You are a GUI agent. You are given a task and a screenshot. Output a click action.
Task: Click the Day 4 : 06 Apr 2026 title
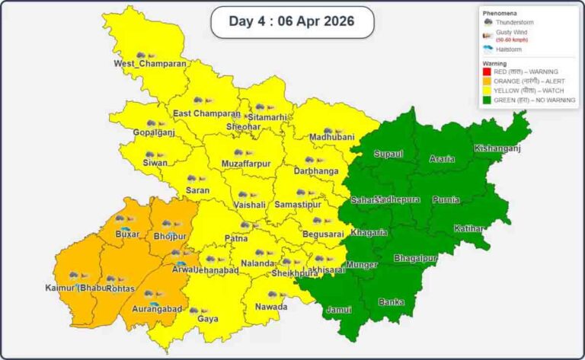(292, 21)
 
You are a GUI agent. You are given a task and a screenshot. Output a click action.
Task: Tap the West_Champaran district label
(150, 64)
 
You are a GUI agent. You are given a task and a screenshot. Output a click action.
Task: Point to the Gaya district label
(207, 319)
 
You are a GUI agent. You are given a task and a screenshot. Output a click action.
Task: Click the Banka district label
(391, 302)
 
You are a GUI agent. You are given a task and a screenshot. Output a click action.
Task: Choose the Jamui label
(339, 311)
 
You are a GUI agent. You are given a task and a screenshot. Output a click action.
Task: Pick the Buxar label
(126, 234)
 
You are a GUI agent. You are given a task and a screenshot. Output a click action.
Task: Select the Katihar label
(468, 228)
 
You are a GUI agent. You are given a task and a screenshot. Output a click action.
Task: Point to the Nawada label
(271, 307)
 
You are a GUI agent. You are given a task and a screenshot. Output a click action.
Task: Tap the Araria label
(442, 158)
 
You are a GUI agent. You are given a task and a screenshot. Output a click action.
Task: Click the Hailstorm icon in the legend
(488, 48)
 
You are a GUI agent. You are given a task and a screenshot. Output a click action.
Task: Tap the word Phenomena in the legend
(500, 14)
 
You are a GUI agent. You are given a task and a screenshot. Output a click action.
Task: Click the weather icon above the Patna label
(245, 225)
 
